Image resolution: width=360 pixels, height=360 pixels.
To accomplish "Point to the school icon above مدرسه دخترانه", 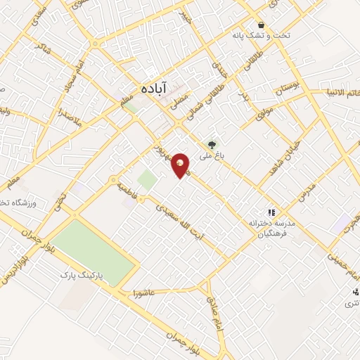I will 270,212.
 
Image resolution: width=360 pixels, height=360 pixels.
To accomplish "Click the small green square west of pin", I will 147,179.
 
